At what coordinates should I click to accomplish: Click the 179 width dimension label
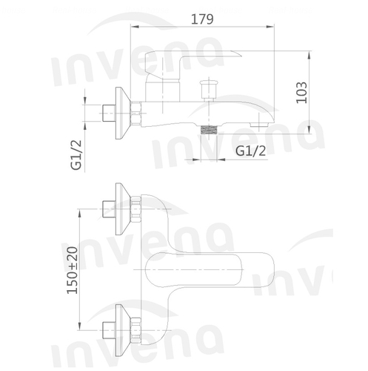pyautogui.click(x=202, y=19)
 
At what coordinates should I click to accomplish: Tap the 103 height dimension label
pyautogui.click(x=302, y=93)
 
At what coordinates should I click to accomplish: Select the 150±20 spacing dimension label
pyautogui.click(x=73, y=270)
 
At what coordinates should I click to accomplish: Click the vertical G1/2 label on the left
pyautogui.click(x=76, y=155)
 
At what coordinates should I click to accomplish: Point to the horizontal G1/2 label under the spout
pyautogui.click(x=251, y=151)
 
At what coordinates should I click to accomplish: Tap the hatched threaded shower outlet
pyautogui.click(x=210, y=130)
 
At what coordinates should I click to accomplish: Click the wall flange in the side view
pyautogui.click(x=123, y=113)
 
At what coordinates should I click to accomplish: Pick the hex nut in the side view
pyautogui.click(x=136, y=114)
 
